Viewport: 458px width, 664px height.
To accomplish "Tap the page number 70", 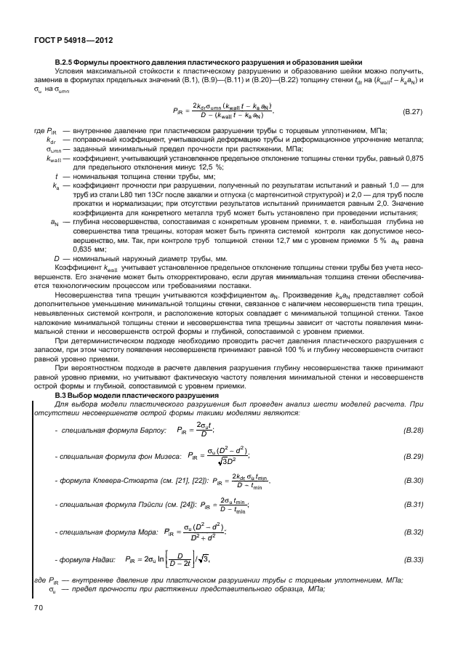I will coord(36,606).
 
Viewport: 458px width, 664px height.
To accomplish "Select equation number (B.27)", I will coord(412,111).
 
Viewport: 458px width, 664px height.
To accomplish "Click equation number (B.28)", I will coord(412,431).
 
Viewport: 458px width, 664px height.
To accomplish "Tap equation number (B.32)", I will coord(412,532).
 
